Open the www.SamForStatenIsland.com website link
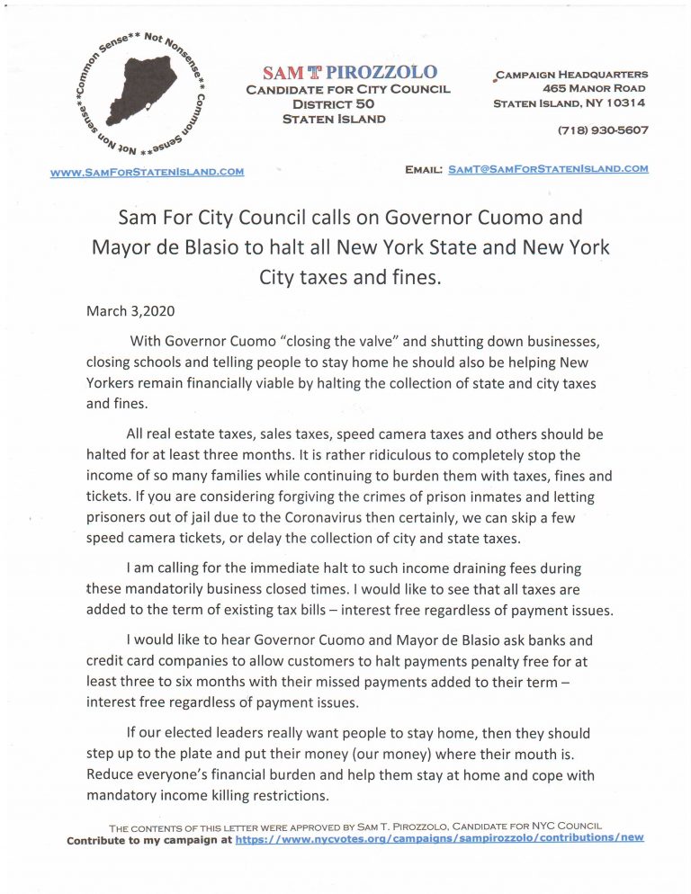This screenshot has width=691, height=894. coord(147,171)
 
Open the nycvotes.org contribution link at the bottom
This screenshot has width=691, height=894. coord(439,838)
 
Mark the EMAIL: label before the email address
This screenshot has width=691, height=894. coord(423,168)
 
